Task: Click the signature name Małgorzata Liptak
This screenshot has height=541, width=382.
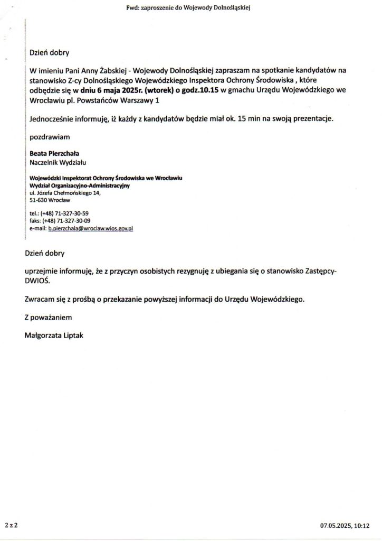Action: [x=54, y=334]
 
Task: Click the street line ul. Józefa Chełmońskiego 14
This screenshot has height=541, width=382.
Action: [x=64, y=193]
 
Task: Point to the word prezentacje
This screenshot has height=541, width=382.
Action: [x=314, y=119]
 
